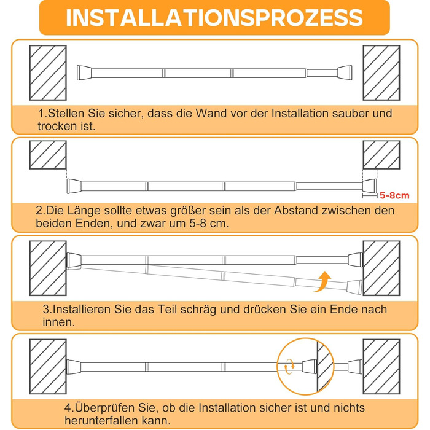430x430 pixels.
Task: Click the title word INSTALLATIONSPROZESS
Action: (214, 18)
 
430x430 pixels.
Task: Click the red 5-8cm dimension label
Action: (394, 195)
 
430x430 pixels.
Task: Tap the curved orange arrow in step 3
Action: (323, 282)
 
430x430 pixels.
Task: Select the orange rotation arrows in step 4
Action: (289, 366)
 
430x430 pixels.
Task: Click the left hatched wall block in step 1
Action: (48, 72)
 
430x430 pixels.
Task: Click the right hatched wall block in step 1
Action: (381, 72)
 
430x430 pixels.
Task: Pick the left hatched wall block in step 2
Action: (48, 155)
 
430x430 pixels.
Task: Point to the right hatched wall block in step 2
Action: (381, 155)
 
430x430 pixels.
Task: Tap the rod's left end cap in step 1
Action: (84, 72)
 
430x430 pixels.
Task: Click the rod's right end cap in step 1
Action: (345, 72)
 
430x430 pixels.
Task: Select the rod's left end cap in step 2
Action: (74, 187)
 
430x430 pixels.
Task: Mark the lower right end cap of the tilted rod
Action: (354, 287)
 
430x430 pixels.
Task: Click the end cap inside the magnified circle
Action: (310, 367)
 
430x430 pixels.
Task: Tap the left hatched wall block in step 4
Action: (48, 367)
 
